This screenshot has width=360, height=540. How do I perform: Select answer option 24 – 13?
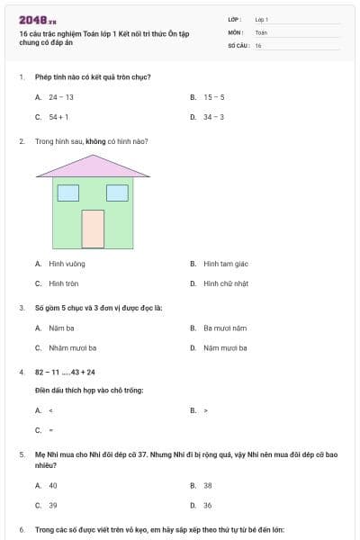pos(60,96)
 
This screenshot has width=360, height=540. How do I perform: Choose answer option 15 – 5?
pos(213,96)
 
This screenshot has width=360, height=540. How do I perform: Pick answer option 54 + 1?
pos(58,117)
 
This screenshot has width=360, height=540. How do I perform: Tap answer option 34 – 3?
pos(213,117)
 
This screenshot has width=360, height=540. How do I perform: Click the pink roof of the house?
pos(94,166)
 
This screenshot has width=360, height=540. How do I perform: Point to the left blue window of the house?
pos(68,192)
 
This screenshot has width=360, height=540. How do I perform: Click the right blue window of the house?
pos(117,192)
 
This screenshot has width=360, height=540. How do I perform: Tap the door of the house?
pos(93,229)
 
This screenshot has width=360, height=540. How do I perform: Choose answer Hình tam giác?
pos(225,264)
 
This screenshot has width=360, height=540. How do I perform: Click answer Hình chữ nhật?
pos(226,283)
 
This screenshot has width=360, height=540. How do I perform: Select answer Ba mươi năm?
pos(224,328)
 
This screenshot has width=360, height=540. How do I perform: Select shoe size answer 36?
pos(208,505)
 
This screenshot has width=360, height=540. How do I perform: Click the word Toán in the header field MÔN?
pos(261,31)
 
